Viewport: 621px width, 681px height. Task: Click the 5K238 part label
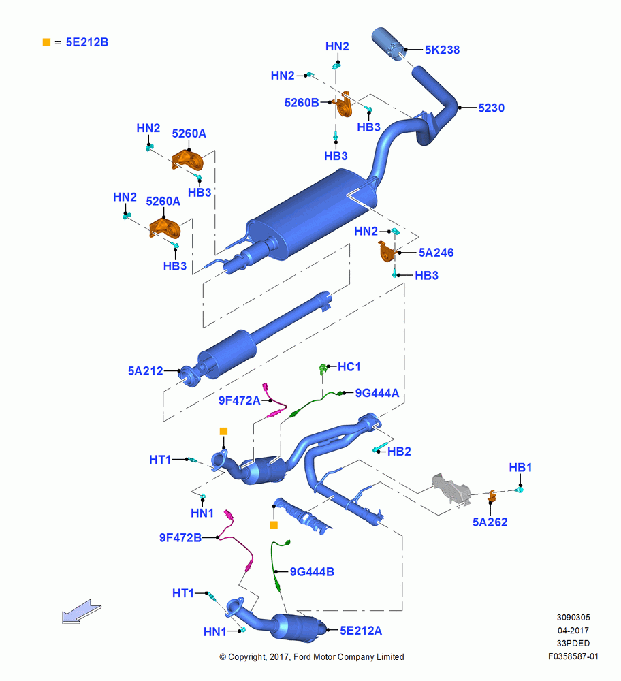[442, 50]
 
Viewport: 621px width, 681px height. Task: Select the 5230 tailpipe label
[491, 108]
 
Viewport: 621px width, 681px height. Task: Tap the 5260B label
[302, 103]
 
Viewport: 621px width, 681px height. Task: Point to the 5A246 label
[436, 253]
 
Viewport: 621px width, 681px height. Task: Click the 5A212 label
[145, 371]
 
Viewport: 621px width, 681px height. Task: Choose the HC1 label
[349, 366]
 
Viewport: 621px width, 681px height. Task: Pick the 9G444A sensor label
[377, 393]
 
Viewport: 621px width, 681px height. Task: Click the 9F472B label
[180, 538]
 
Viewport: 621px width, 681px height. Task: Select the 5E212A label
[361, 630]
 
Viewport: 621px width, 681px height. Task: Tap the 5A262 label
[490, 522]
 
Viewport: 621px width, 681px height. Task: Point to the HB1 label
[520, 467]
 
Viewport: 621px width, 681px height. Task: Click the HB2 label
[399, 452]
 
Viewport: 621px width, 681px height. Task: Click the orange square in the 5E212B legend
[46, 42]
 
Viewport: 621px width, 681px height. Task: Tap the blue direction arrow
[81, 612]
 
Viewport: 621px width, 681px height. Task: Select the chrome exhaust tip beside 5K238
[389, 44]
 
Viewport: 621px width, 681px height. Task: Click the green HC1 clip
[323, 369]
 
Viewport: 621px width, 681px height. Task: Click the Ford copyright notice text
[312, 656]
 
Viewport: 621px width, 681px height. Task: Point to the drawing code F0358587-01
[573, 656]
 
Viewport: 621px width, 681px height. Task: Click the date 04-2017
[573, 630]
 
